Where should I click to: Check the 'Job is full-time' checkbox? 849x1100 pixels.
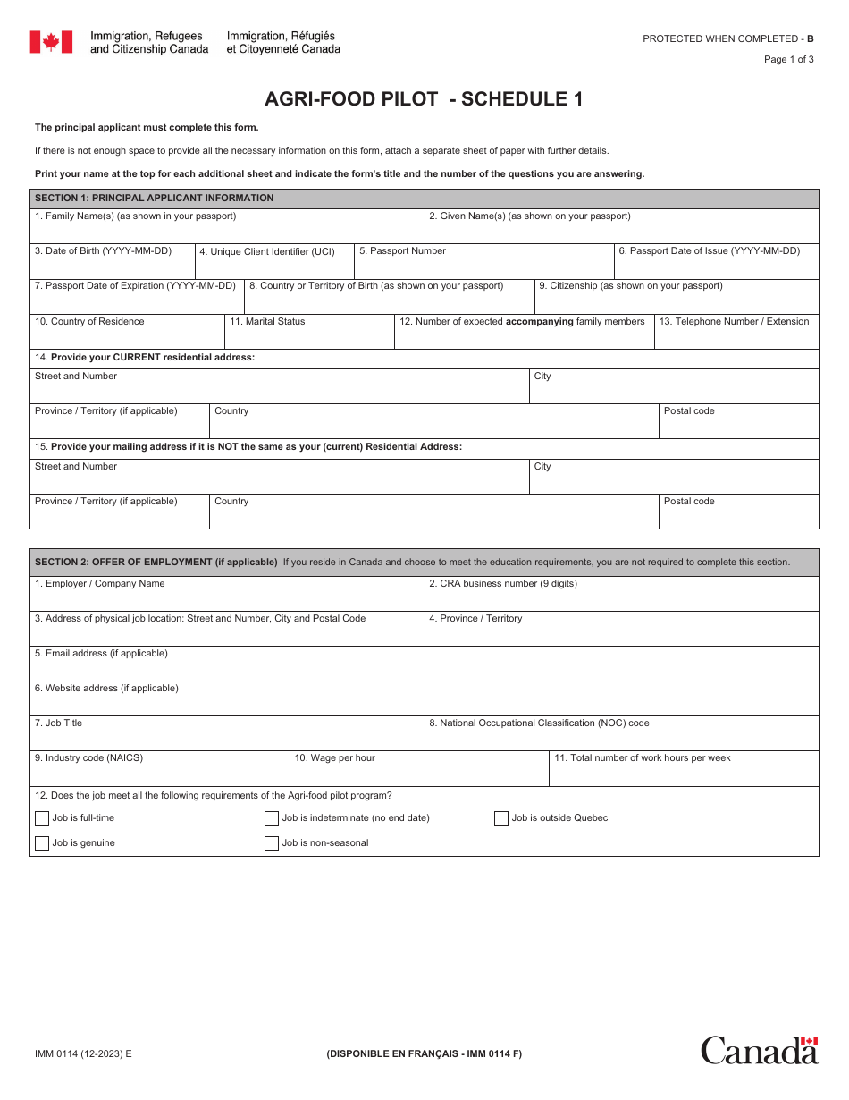tap(42, 818)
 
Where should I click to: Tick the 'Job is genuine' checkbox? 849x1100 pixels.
tap(42, 843)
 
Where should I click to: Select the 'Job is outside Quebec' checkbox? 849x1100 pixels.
tap(501, 818)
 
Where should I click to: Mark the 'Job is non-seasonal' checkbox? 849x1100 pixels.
tap(272, 843)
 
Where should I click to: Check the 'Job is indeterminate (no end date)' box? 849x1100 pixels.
tap(272, 818)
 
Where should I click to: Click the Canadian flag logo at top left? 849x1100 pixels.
tap(51, 42)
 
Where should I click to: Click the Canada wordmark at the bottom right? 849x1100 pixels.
tap(759, 1050)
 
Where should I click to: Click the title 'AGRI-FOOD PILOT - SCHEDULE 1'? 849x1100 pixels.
tap(424, 99)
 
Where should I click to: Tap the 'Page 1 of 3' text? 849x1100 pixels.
tap(788, 60)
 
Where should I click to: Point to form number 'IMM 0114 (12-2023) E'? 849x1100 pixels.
tap(83, 1053)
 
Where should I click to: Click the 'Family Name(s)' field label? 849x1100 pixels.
tap(135, 216)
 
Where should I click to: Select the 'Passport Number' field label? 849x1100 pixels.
tap(402, 251)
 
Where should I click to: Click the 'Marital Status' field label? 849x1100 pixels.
tap(267, 322)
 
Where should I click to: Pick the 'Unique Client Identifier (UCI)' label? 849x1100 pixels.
tap(266, 252)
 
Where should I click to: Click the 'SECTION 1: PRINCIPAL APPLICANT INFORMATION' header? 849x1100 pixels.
tap(154, 199)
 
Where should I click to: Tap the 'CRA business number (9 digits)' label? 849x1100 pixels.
tap(502, 584)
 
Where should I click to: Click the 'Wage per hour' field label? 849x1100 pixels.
tap(335, 758)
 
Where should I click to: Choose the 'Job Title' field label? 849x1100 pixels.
tap(58, 723)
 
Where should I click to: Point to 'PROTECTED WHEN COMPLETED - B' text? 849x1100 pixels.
tap(728, 38)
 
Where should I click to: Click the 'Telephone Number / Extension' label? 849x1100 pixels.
tap(734, 322)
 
